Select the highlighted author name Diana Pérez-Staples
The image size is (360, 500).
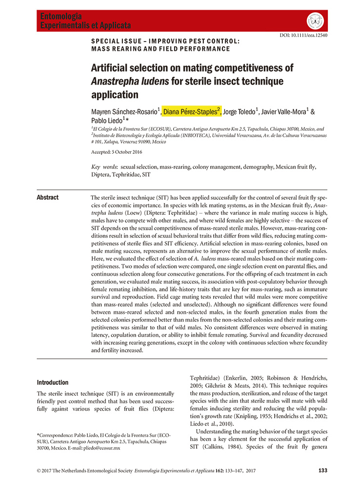pyautogui.click(x=192, y=112)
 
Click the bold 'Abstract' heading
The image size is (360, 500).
pyautogui.click(x=48, y=197)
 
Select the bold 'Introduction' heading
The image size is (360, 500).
pyautogui.click(x=53, y=382)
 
